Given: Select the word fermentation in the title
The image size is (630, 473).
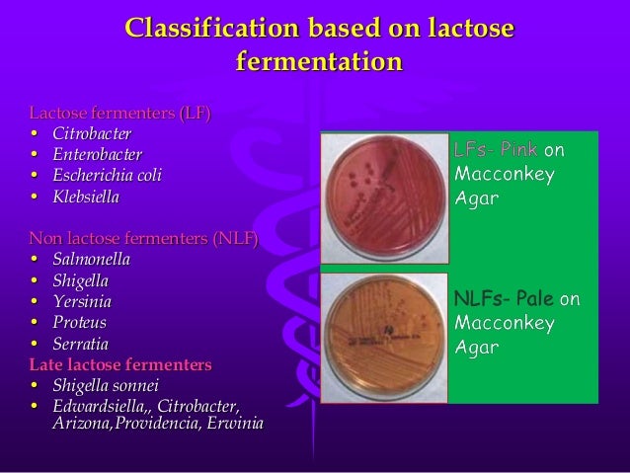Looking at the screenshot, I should pos(319,62).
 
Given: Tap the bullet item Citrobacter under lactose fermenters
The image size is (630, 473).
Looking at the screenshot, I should pos(92,133).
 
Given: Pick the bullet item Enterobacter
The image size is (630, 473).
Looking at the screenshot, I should pos(98,154).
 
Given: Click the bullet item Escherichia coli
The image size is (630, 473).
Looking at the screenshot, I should pos(107,176).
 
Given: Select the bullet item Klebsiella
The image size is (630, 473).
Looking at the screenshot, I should pos(86,197).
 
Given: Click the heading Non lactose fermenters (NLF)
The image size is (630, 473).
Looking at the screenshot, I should pos(143,238).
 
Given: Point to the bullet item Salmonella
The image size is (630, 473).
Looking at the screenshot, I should pos(91,259).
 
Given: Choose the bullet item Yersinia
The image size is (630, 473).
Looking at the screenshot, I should pos(82,301).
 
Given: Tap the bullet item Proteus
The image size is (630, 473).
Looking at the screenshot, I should pos(79,322).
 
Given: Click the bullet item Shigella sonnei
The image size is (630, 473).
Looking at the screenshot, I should pos(105,385).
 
